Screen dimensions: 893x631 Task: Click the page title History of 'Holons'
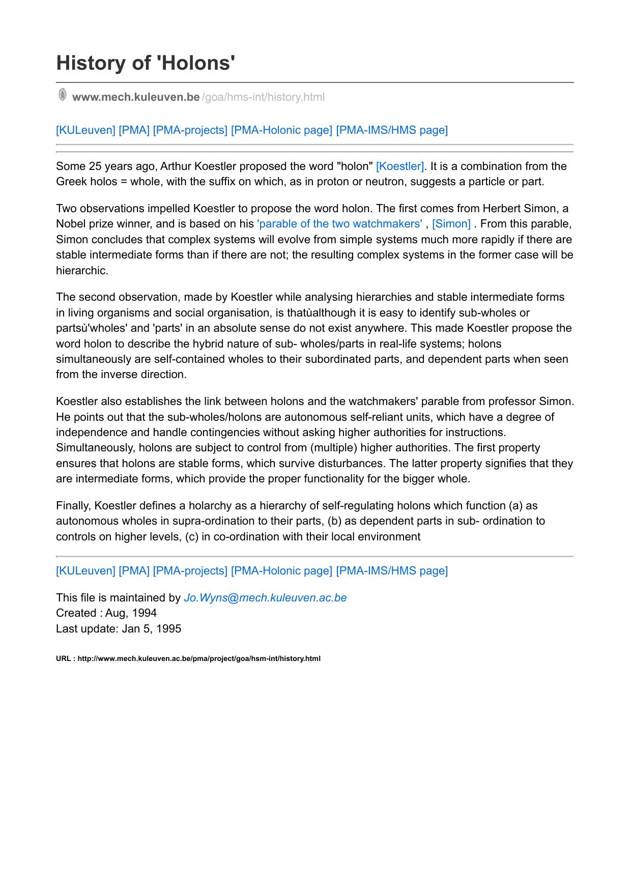pos(146,63)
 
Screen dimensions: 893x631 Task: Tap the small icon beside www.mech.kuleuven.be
pos(62,95)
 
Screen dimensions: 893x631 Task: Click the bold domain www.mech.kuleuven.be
pos(136,97)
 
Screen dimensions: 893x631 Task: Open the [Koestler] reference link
pos(400,166)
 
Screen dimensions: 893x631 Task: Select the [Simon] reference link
pos(451,224)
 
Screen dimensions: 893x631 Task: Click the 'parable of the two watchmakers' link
pos(340,224)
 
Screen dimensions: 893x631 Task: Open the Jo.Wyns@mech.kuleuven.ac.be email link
pos(265,598)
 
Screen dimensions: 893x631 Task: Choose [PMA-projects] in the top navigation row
pos(190,130)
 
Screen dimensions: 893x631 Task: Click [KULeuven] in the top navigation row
pos(85,130)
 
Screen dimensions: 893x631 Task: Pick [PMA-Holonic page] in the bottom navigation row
pos(281,571)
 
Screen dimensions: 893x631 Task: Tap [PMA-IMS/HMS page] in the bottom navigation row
pos(392,571)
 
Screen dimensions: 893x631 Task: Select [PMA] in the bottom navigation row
pos(134,571)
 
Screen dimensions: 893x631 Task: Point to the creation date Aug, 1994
pos(131,613)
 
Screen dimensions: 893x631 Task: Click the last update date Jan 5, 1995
pos(152,629)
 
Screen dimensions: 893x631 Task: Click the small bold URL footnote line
pos(188,658)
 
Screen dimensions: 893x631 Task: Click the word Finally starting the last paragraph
pos(73,506)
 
